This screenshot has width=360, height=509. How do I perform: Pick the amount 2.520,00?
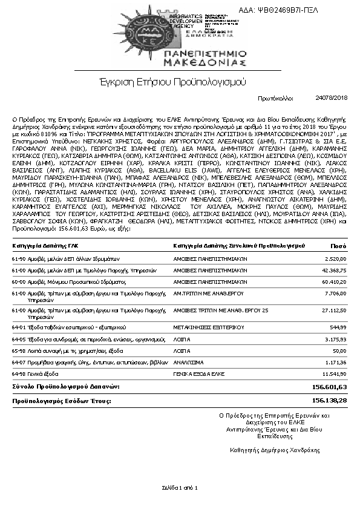336,258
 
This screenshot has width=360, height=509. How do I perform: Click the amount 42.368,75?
334,270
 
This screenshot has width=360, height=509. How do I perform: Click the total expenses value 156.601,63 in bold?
329,387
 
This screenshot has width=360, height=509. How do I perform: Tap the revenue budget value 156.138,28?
329,401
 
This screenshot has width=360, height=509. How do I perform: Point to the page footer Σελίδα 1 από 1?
180,487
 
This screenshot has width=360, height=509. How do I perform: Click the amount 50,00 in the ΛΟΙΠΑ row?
339,350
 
